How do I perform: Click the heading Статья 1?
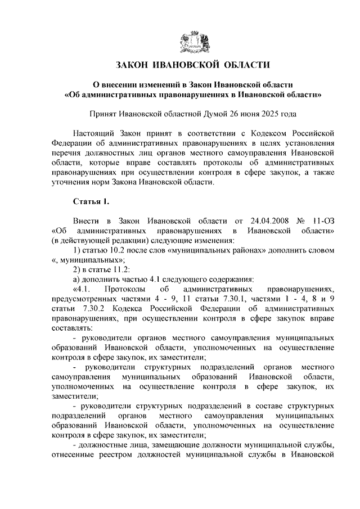[x=89, y=201]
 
